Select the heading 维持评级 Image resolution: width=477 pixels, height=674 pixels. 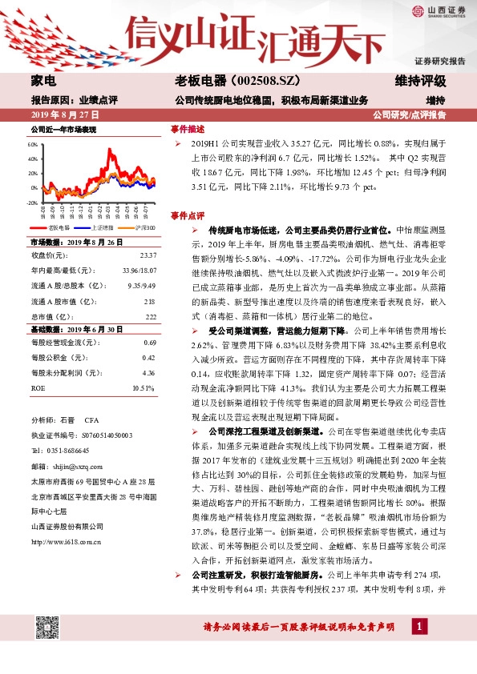pos(421,81)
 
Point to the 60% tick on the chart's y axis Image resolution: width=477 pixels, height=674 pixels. pos(33,146)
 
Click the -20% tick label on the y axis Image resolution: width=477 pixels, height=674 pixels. pos(32,203)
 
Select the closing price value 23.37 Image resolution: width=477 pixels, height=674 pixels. pos(148,255)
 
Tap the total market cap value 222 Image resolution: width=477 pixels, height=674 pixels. pos(150,315)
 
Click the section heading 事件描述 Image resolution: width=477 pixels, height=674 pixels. pos(187,129)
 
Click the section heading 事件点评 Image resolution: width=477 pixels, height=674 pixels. pos(187,216)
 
